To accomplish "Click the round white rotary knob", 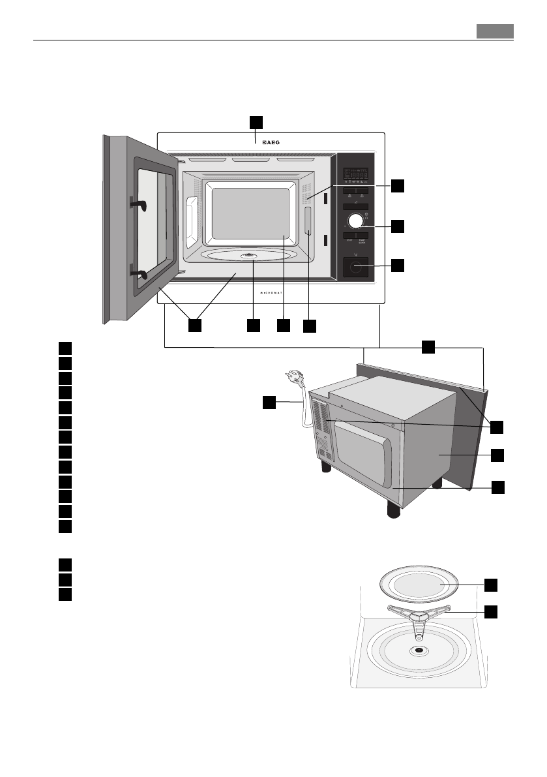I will point(355,221).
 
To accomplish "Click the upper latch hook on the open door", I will point(140,204).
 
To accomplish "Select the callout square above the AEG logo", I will point(256,122).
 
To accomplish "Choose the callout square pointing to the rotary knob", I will point(398,226).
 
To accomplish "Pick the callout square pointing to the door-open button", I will point(398,265).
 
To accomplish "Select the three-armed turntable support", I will point(419,615).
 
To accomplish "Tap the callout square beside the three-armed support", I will point(490,611).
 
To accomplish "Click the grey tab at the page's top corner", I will point(494,31).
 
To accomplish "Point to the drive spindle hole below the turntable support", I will point(419,650).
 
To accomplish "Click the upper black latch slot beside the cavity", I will point(325,198).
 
